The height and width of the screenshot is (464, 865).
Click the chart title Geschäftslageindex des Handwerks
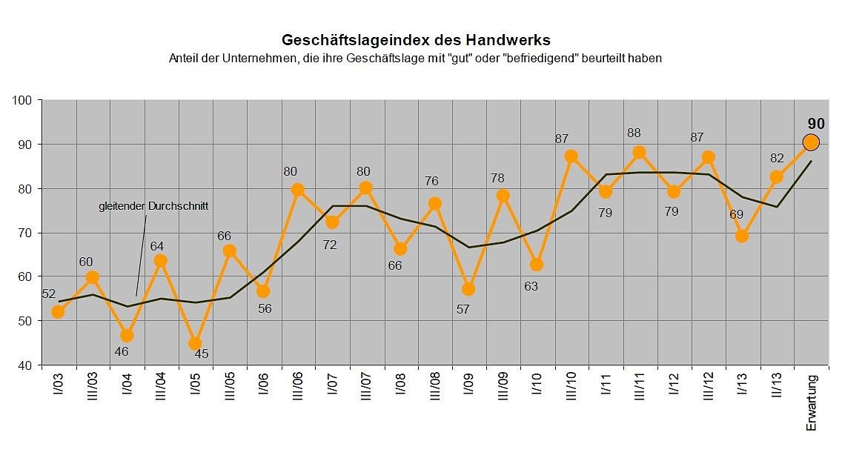(x=415, y=39)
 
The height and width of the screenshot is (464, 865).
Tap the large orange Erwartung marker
(x=811, y=142)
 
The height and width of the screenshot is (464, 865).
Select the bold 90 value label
(x=816, y=124)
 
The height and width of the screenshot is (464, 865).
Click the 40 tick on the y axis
(x=26, y=365)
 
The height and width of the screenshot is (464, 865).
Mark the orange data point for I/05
(x=195, y=343)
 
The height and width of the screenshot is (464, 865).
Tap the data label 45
(x=202, y=354)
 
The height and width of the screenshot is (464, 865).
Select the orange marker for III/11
(x=640, y=153)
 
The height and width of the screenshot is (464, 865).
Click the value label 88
(x=633, y=133)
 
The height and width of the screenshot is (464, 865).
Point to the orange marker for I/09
(x=468, y=289)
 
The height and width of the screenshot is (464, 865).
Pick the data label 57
(x=463, y=308)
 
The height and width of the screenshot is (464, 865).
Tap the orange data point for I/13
(x=742, y=236)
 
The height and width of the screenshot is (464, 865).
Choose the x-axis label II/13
(x=777, y=390)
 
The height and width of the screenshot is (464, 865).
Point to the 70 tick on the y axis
(x=26, y=233)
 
